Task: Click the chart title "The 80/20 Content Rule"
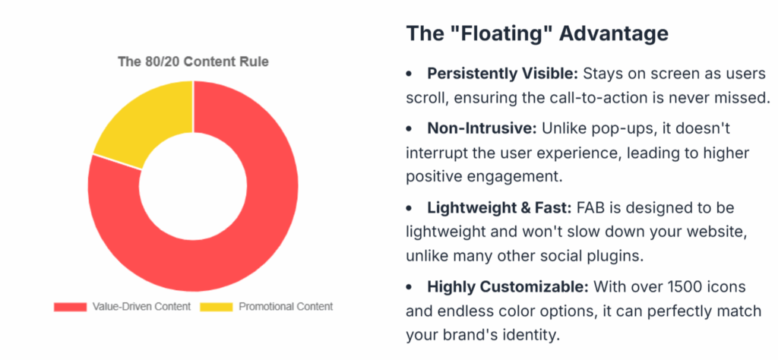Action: tap(193, 62)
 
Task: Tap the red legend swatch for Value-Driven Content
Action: tap(70, 307)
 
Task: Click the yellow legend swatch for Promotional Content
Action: tap(217, 307)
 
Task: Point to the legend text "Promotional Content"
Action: tap(286, 306)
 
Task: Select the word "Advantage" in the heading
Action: tap(613, 33)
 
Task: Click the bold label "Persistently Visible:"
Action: tap(503, 74)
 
